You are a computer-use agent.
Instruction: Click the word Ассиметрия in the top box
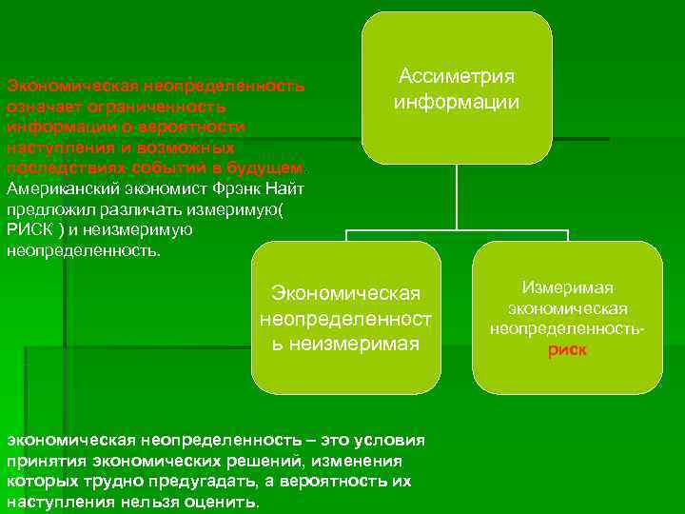point(457,76)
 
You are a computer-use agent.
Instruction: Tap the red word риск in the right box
point(567,350)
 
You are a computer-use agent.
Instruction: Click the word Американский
point(53,189)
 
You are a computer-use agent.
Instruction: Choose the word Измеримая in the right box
point(567,287)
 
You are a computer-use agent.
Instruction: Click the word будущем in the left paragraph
point(271,168)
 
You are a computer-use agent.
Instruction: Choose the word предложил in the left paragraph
point(44,210)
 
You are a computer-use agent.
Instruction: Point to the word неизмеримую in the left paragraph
point(146,231)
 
